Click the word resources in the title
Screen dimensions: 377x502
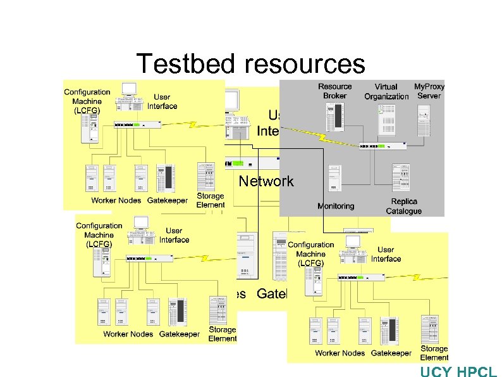303,64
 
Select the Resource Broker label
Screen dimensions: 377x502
334,91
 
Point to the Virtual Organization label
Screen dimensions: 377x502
386,92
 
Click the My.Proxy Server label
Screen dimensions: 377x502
429,91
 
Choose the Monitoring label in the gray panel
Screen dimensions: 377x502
336,206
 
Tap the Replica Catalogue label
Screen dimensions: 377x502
403,206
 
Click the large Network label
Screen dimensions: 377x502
266,181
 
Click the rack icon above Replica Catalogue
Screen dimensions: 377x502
402,177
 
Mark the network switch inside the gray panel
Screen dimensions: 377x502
383,146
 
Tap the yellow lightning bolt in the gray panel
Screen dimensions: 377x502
322,136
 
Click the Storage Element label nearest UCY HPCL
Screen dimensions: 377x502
434,353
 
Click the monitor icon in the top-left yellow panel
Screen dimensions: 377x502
130,90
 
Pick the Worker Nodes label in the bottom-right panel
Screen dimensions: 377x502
340,353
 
